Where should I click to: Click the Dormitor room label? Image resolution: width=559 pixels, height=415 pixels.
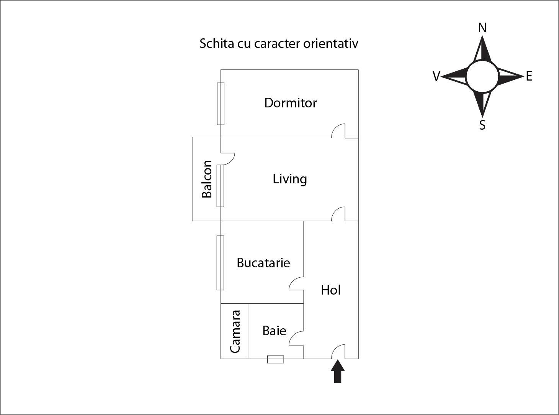click(290, 103)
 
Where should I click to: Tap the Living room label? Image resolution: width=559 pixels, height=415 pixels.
click(289, 179)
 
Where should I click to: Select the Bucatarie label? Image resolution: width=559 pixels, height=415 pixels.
click(263, 263)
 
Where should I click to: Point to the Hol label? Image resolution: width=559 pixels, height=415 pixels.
click(331, 290)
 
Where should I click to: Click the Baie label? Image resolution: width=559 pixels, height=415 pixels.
click(274, 330)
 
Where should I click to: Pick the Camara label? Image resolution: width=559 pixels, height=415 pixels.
click(235, 331)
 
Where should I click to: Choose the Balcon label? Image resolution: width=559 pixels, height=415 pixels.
click(207, 179)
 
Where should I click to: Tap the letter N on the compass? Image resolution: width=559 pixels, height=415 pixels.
click(482, 28)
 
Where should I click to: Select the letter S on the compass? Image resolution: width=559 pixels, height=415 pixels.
click(482, 125)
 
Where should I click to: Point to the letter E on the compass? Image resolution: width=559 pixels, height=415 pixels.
click(529, 76)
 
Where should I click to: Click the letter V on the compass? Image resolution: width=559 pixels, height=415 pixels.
click(436, 77)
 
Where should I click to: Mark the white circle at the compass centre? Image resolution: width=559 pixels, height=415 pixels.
click(482, 76)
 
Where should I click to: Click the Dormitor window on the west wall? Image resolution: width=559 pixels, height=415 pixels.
click(221, 104)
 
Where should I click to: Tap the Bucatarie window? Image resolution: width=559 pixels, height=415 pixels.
click(220, 263)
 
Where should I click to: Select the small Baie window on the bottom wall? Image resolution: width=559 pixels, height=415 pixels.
click(275, 359)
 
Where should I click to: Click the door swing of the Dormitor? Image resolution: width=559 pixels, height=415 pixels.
click(338, 131)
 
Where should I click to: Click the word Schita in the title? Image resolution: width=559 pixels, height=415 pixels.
click(216, 43)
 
